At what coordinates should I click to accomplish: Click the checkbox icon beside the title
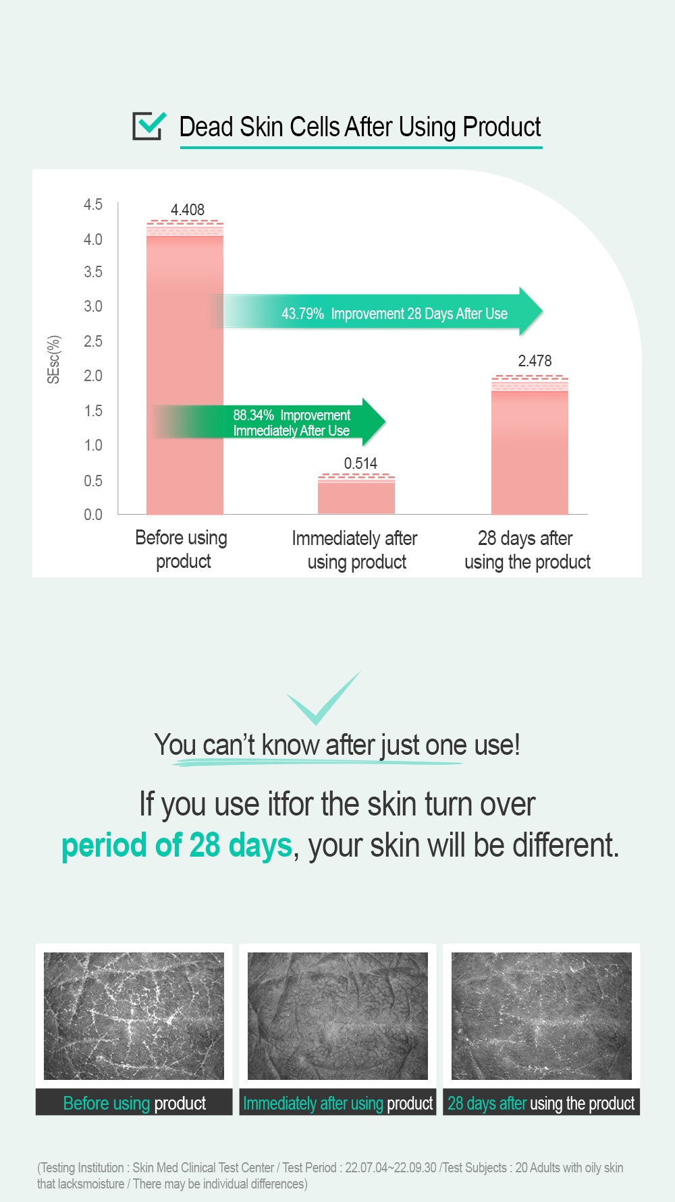click(148, 125)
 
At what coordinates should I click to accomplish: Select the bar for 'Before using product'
click(185, 368)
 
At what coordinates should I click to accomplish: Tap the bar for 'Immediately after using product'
click(356, 494)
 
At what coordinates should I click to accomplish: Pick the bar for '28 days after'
click(530, 445)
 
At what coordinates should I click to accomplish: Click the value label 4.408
click(188, 210)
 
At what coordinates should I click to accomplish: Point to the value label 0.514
click(360, 463)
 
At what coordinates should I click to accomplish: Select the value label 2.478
click(535, 361)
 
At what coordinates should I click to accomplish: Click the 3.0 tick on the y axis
click(93, 306)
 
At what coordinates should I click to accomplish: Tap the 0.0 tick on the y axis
click(93, 515)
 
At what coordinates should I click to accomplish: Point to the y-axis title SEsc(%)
click(54, 360)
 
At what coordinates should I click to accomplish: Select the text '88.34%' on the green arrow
click(254, 415)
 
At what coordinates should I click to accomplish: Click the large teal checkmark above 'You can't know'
click(323, 698)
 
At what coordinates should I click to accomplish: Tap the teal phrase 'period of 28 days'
click(177, 845)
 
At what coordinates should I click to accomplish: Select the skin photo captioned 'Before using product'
click(134, 1016)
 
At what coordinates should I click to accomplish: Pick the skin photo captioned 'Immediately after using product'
click(337, 1016)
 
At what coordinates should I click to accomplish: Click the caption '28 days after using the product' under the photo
click(541, 1104)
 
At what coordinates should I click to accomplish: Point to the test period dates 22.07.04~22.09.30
click(391, 1168)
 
